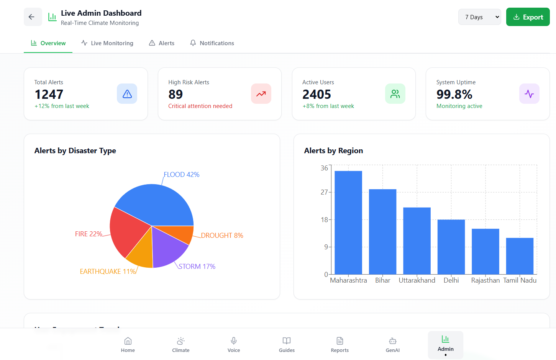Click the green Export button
point(528,17)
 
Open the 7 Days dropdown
point(479,17)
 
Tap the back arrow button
point(33,17)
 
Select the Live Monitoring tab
point(107,43)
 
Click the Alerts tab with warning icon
point(162,43)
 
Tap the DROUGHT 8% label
point(222,236)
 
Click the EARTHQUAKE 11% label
point(108,272)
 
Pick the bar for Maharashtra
point(348,222)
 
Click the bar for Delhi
point(451,247)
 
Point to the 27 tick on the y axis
point(324,192)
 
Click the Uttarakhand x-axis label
point(417,280)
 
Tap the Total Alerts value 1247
point(49,94)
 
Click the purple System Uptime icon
point(529,94)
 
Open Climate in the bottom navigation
point(181,345)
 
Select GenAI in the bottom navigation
point(393,345)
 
